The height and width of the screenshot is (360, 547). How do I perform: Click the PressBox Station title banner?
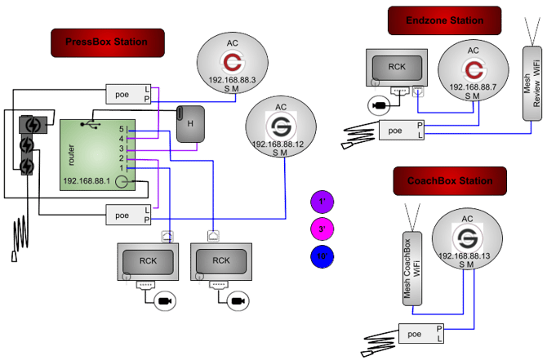pos(108,42)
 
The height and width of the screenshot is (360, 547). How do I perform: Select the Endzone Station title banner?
pos(445,20)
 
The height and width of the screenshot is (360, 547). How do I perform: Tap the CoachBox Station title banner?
pos(450,181)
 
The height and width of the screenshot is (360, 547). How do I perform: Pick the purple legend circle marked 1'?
pos(322,201)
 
